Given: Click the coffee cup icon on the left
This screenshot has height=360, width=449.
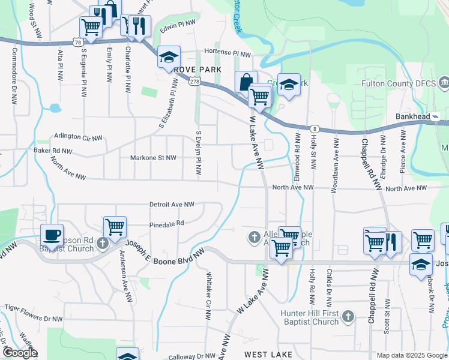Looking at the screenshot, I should [52, 234].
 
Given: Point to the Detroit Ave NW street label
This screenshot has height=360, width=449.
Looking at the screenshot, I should [172, 205].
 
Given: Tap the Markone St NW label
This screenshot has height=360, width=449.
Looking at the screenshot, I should [153, 158].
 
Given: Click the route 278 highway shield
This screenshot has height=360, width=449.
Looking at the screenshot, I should [194, 82].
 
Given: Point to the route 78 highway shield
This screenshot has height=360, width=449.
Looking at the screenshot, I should [77, 42].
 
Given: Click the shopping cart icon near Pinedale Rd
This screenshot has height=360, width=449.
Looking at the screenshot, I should [115, 227].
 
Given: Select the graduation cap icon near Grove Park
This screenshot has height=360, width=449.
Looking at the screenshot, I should [169, 58].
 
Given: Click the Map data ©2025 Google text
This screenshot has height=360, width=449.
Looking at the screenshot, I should [411, 355].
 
